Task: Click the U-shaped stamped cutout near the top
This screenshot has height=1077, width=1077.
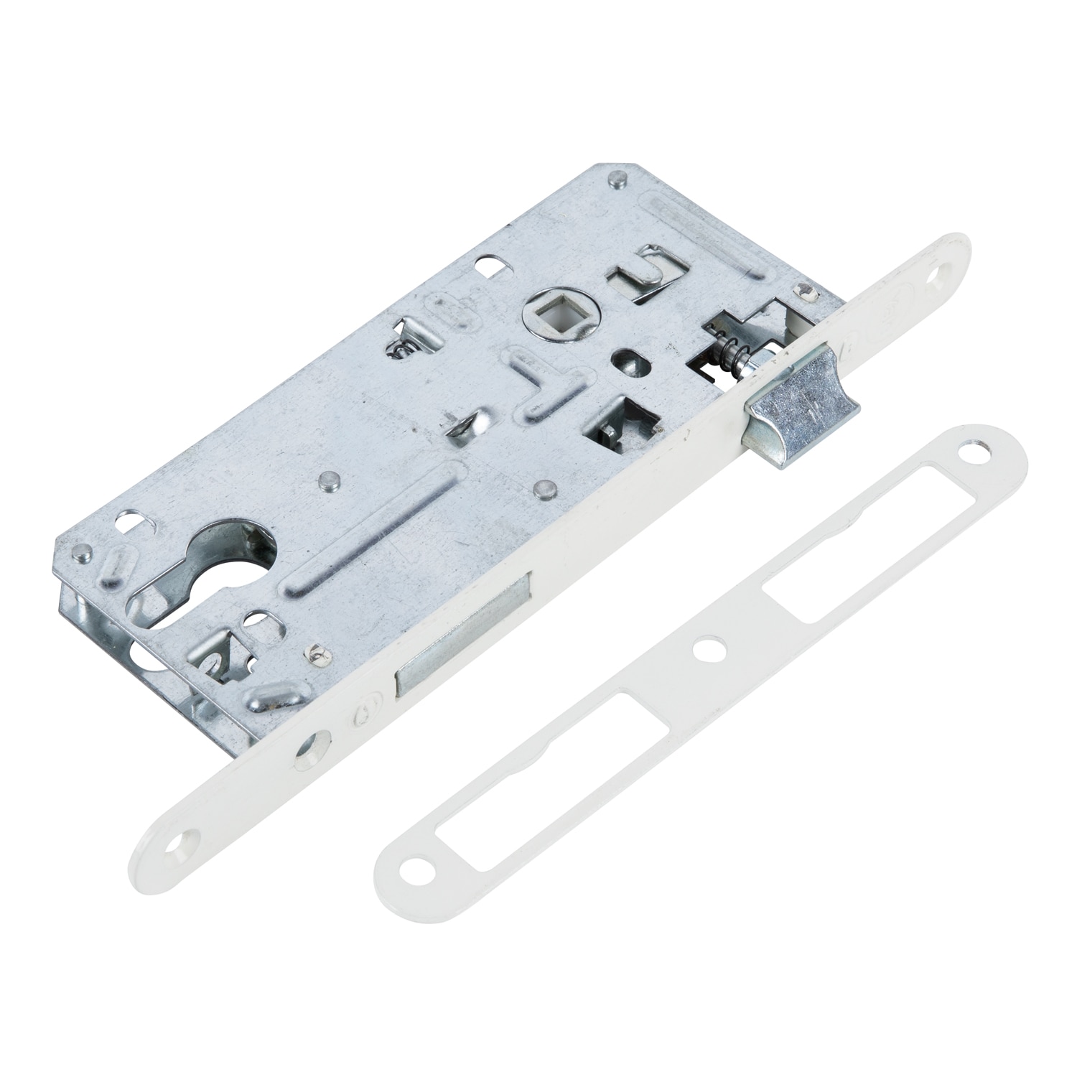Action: coord(640,274)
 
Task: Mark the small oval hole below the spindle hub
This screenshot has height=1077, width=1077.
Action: coord(626,363)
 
